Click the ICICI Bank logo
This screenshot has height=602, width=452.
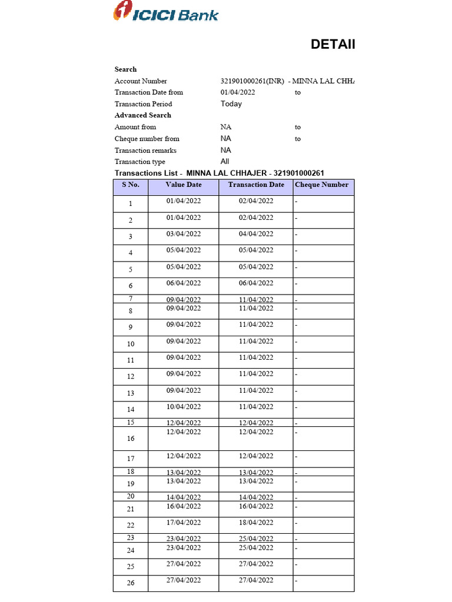165,12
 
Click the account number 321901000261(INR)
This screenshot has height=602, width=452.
252,81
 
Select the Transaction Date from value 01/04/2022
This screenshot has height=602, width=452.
238,92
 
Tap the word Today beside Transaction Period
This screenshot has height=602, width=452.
231,104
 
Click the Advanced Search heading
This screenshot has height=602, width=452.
142,115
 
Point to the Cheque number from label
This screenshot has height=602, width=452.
147,139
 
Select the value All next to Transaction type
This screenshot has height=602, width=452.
225,162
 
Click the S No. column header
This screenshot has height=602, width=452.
131,185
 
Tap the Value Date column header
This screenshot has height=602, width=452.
184,185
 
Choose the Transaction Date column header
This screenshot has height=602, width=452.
256,185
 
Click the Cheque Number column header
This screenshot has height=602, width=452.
322,185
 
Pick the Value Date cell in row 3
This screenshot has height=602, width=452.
184,234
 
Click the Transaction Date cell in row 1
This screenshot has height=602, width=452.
256,201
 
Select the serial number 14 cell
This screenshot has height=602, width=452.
131,409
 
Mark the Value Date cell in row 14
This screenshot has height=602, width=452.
184,407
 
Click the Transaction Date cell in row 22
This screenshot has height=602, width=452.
256,523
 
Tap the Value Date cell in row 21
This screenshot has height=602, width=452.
184,506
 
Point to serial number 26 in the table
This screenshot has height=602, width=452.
131,583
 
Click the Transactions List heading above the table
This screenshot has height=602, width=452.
219,173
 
